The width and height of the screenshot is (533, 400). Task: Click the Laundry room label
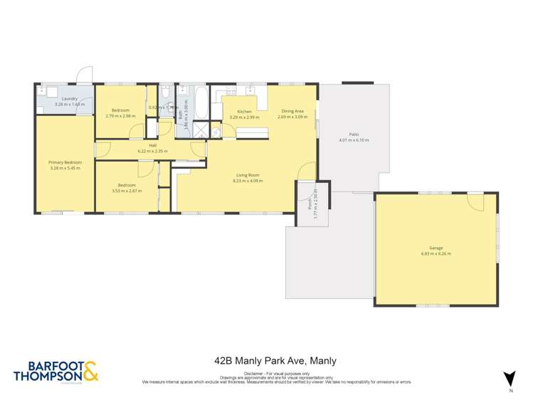point(70,99)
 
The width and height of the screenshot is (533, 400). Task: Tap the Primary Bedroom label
point(65,163)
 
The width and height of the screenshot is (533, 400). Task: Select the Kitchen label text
point(244,112)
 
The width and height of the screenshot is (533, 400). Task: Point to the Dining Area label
point(293,111)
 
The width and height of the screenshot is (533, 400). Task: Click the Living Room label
point(248,175)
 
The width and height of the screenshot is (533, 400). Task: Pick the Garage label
point(436,248)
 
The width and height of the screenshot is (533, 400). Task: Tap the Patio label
point(354,134)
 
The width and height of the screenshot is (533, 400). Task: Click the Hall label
point(152,146)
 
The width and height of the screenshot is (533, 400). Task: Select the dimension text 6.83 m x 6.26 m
point(436,253)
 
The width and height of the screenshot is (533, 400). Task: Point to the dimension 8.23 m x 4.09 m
point(248,181)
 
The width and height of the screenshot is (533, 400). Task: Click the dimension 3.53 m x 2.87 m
point(124,191)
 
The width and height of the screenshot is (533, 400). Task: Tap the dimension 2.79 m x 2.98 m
point(120,116)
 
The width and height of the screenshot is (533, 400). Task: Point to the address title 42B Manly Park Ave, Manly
point(275,361)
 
